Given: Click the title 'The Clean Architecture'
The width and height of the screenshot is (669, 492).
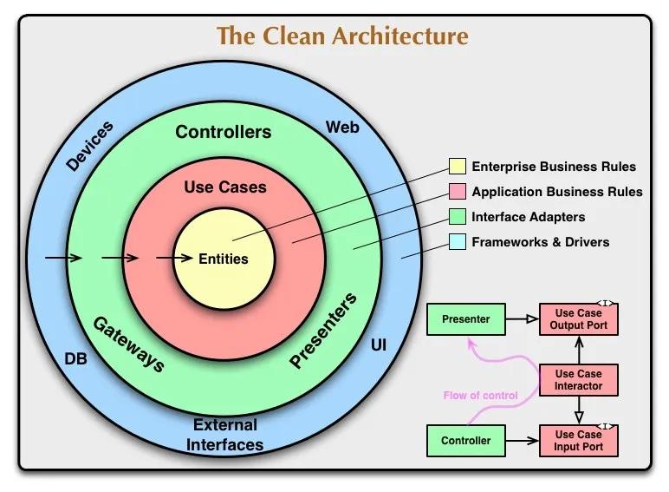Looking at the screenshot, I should click(341, 36).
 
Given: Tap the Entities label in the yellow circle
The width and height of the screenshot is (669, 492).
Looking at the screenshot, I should click(224, 259).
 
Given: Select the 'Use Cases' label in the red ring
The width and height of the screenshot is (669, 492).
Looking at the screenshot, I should click(225, 187).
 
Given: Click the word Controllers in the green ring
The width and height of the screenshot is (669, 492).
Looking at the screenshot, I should click(223, 132).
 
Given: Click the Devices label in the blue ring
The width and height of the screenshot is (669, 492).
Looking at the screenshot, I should click(89, 146).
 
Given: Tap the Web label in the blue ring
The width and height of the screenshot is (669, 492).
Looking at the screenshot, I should click(342, 128).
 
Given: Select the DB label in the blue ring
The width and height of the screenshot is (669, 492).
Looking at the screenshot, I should click(76, 358).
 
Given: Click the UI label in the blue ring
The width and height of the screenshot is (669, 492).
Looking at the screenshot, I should click(379, 345).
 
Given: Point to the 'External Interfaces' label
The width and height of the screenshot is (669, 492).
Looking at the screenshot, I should click(225, 435).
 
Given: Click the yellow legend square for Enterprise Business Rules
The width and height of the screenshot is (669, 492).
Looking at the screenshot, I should click(457, 167).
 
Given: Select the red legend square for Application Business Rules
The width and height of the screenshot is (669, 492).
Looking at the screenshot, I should click(457, 192).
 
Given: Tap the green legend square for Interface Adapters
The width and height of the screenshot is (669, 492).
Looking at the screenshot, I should click(457, 217).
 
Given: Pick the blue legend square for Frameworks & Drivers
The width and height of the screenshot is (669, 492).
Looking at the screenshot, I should click(457, 242).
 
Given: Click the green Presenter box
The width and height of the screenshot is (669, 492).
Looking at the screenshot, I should click(465, 319).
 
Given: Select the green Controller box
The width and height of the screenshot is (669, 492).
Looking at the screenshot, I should click(465, 441).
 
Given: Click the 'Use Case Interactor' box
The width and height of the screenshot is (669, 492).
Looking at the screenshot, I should click(579, 380).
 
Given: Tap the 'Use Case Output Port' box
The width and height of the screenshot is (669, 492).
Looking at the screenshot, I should click(579, 319).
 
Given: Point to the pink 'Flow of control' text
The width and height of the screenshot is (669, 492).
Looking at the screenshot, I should click(480, 396).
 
